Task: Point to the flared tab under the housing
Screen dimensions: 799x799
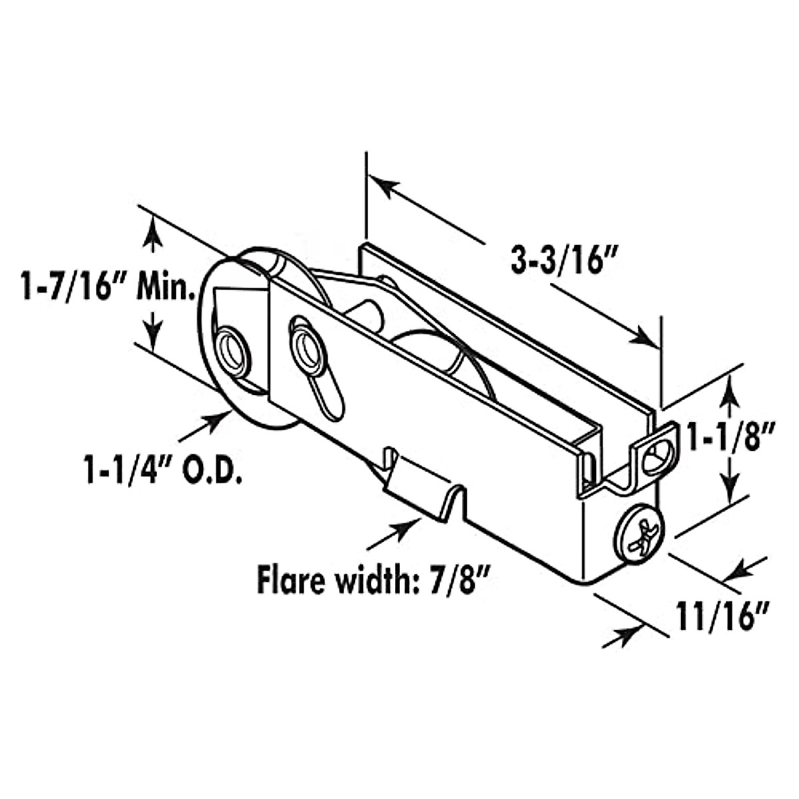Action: coord(422,489)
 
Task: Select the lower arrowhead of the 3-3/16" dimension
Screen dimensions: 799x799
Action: coord(642,336)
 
